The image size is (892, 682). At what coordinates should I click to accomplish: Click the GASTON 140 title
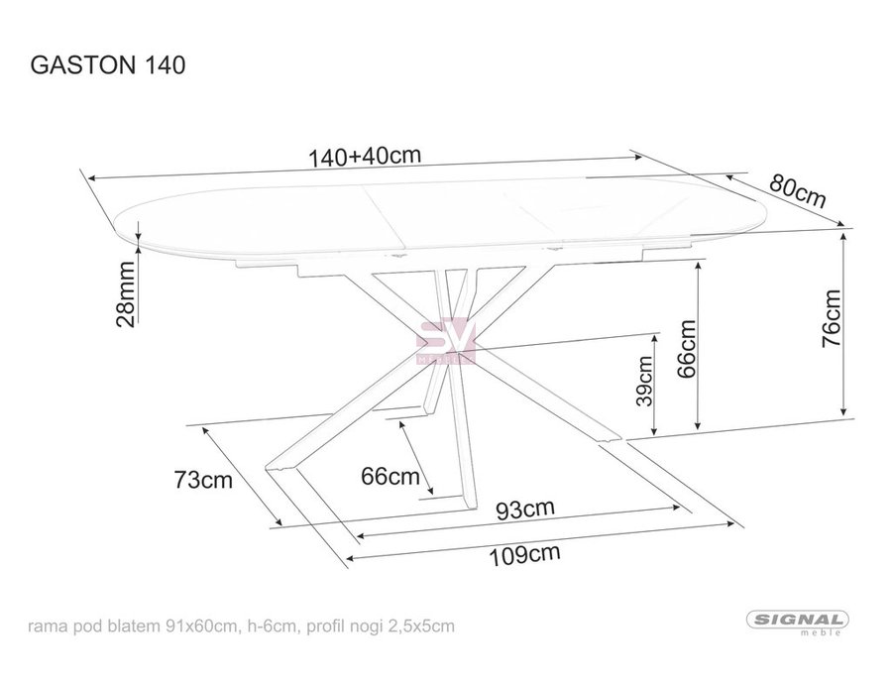click(x=107, y=65)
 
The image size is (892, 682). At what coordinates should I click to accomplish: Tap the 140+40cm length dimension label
click(x=364, y=156)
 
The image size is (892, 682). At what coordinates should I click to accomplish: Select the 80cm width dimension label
click(x=797, y=190)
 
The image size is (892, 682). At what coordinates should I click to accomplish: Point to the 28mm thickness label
click(x=126, y=293)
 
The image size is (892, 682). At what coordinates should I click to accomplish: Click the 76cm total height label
click(x=831, y=318)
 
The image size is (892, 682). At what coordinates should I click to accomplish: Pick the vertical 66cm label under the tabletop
click(x=686, y=349)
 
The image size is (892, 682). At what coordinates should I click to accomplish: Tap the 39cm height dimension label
click(x=644, y=381)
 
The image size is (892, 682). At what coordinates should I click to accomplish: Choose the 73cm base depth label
click(x=203, y=480)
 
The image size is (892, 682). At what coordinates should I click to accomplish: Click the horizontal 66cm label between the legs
click(x=390, y=476)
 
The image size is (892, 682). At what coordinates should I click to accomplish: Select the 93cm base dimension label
click(x=525, y=510)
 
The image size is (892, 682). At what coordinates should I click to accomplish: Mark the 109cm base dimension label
click(x=525, y=554)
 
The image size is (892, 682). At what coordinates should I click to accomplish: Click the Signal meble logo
click(x=798, y=623)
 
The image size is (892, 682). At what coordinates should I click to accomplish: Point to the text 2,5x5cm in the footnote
click(x=421, y=626)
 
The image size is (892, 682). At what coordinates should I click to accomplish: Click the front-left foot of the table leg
click(x=280, y=468)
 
